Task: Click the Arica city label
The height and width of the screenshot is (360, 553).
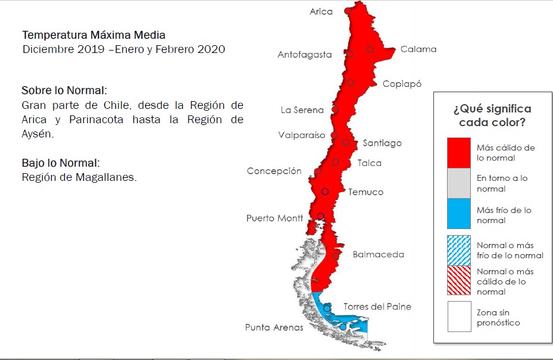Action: coord(321,11)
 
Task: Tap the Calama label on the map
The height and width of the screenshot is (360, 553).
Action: coord(418,49)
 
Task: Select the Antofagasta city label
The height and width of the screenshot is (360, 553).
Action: coord(304,55)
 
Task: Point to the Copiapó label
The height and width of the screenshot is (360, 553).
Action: coord(402,83)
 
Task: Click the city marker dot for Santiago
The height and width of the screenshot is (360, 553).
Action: coord(346,142)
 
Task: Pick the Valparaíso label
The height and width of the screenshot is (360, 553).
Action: coord(302,135)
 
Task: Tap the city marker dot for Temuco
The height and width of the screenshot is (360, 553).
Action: coord(325,192)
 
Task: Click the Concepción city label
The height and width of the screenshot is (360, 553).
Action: coord(274,171)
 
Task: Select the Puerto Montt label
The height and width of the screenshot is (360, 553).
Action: coord(274,218)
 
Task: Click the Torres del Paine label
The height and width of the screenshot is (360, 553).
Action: coord(377,306)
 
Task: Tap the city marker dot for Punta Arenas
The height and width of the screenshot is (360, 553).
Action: coord(343,327)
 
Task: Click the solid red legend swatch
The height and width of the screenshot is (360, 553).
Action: coord(459,152)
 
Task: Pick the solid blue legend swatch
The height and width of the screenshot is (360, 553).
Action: coord(459,215)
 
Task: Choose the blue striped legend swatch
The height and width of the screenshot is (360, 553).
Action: coord(459,250)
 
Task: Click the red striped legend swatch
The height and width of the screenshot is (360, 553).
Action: coord(459,281)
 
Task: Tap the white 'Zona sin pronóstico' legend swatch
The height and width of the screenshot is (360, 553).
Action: coord(459,317)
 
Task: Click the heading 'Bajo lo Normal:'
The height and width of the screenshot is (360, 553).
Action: coord(60,162)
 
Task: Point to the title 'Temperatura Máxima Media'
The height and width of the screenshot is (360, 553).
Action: coord(93,35)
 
